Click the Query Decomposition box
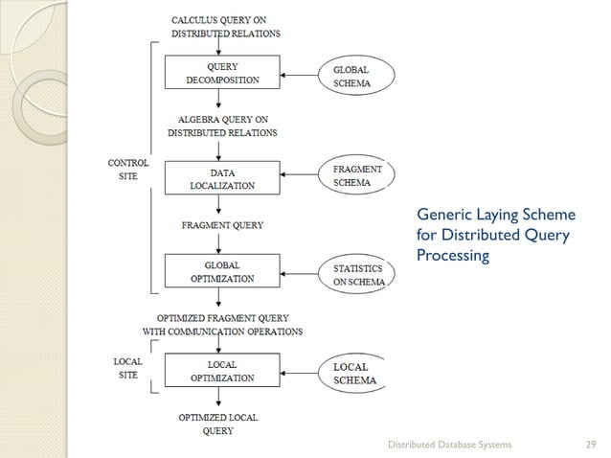(222, 74)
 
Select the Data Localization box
(222, 177)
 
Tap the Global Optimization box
(222, 271)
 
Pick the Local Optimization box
(222, 371)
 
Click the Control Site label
(127, 171)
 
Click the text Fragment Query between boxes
(222, 225)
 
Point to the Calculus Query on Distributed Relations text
(225, 26)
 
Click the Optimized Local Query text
(218, 424)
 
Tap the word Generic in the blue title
(442, 218)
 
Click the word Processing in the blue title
(453, 256)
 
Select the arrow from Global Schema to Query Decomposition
(300, 74)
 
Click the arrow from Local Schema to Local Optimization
(300, 371)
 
